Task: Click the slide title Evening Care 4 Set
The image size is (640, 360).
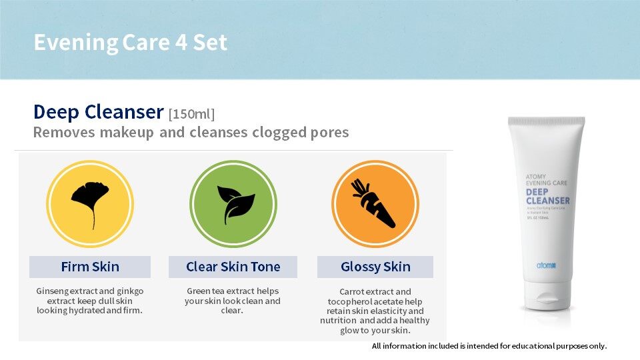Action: (130, 43)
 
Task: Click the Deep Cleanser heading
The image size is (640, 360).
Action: (98, 111)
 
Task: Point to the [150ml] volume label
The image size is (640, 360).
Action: (192, 113)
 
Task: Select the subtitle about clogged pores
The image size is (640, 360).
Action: (191, 132)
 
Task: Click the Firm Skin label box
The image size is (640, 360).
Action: (90, 267)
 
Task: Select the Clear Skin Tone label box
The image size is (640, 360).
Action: (233, 267)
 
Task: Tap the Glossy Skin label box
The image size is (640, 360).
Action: (375, 267)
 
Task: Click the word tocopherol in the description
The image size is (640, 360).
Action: (349, 301)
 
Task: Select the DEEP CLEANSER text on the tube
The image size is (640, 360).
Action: (547, 196)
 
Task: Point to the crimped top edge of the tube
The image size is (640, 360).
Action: (547, 121)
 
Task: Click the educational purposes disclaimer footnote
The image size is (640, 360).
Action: (489, 346)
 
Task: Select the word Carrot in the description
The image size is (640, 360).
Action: (352, 291)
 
